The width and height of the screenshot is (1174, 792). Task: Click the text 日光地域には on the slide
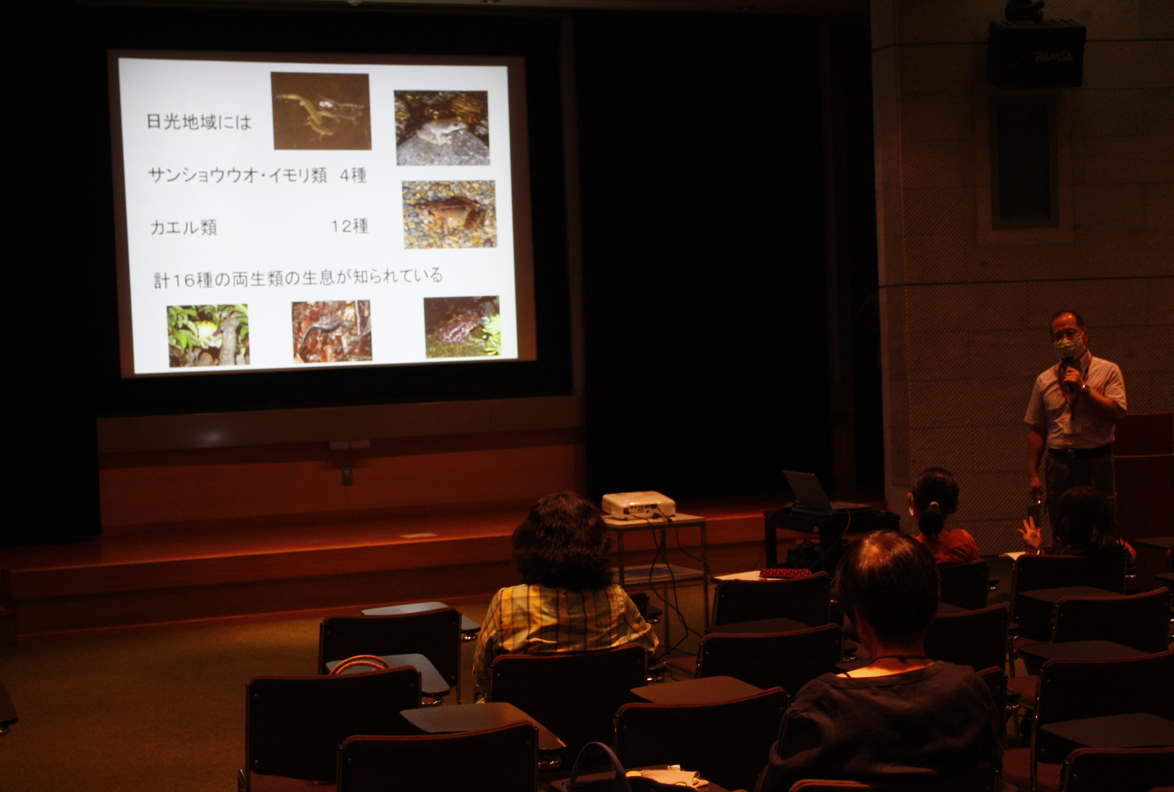(x=199, y=122)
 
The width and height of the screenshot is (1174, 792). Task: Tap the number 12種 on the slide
(x=349, y=226)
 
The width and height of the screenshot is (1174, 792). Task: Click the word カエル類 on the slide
(x=183, y=228)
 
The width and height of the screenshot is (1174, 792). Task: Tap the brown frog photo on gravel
(x=449, y=214)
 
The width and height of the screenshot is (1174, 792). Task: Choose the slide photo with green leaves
(x=208, y=335)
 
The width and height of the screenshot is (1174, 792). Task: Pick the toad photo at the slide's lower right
(x=462, y=327)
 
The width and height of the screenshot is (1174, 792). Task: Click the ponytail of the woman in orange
(x=932, y=520)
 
